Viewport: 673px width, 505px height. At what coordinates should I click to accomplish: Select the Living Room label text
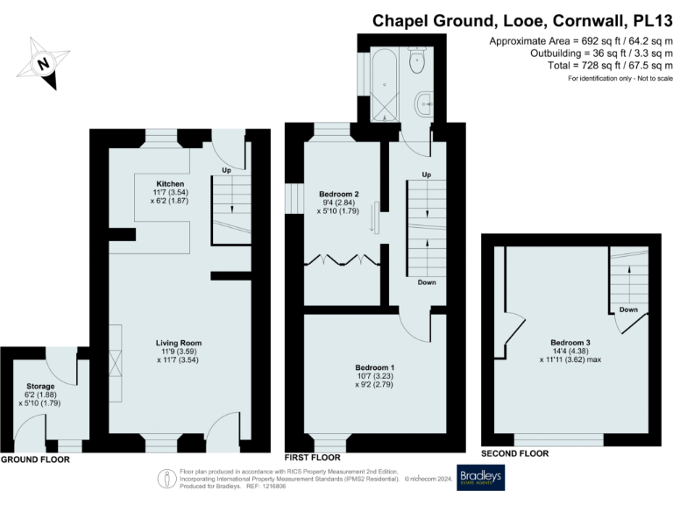click(179, 343)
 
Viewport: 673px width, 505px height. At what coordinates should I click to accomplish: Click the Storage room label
click(39, 387)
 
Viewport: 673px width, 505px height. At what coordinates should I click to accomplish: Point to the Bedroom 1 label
click(374, 367)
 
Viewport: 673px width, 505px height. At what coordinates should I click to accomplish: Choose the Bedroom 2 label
click(337, 193)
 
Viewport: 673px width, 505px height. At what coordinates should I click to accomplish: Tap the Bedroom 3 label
click(570, 342)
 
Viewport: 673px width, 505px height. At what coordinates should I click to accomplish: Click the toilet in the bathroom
click(418, 59)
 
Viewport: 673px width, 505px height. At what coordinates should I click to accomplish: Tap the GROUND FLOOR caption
click(35, 459)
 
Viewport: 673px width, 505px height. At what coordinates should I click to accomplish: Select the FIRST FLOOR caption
click(314, 458)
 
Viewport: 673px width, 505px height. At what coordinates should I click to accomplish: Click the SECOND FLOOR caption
click(515, 453)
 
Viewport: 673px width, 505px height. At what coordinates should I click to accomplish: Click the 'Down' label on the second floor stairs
click(627, 309)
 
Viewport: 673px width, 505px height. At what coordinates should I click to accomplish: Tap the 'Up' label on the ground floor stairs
click(226, 169)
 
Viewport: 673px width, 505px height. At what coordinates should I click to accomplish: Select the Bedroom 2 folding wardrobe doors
click(341, 260)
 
